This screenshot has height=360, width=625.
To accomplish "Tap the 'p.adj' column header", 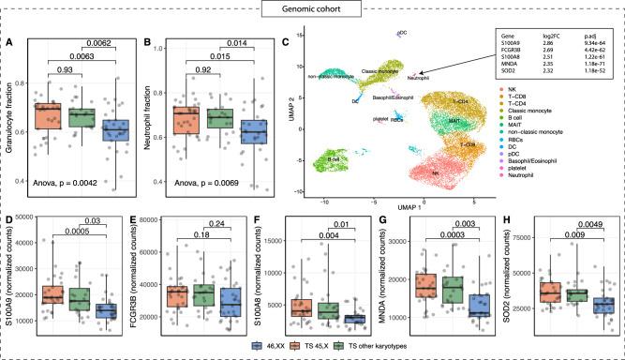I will coord(584,34).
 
